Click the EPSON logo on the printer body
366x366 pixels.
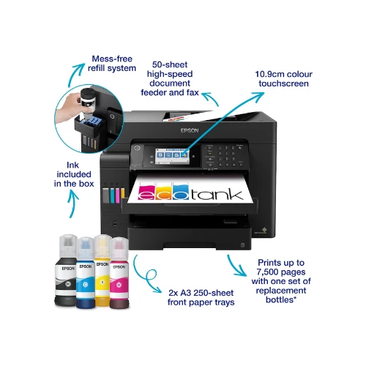190,130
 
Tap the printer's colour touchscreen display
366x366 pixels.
172,155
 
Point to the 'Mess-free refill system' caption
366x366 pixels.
112,64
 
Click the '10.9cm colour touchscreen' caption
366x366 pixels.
283,79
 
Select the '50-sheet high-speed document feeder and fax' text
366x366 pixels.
170,78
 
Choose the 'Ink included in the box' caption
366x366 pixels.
74,174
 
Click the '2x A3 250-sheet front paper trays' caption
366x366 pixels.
201,297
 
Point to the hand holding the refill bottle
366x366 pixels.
69,108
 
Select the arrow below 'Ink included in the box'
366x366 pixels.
73,203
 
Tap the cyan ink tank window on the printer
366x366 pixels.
112,195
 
